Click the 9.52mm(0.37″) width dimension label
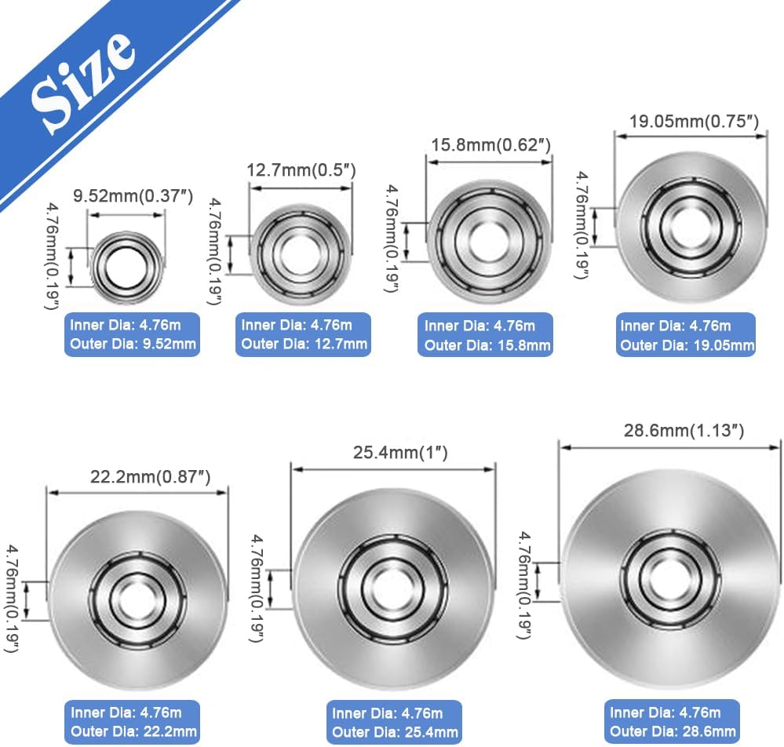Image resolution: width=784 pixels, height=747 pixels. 133,195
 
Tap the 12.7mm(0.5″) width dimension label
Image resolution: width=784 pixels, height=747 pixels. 301,170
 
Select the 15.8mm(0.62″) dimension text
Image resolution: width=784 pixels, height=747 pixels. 491,145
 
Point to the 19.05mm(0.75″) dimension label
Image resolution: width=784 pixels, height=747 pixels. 694,122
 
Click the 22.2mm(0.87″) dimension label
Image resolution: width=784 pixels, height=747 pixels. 150,476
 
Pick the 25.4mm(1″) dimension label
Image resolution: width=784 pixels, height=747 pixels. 400,453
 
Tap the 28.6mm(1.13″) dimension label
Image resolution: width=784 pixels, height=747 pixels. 684,431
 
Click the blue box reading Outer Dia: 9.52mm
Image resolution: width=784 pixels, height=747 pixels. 132,334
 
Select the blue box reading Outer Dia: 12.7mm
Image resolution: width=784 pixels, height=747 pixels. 303,334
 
